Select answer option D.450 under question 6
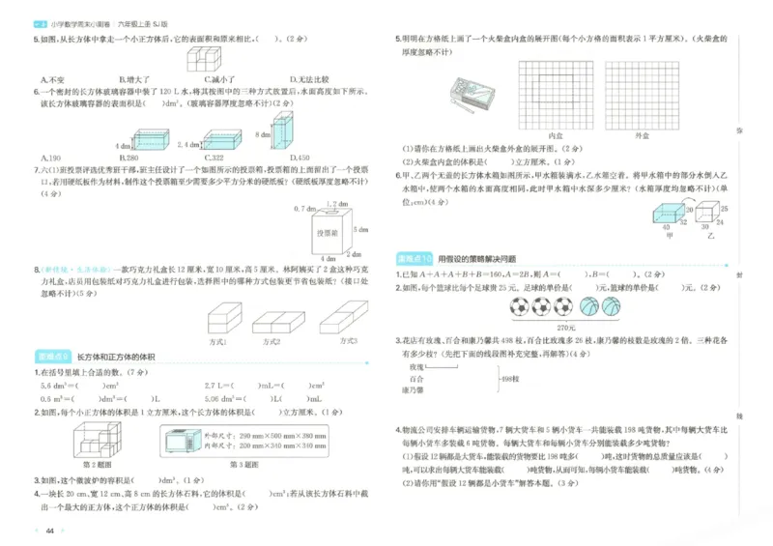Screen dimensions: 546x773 (300, 158)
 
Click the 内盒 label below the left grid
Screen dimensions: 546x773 (556, 137)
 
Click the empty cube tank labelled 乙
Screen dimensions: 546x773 (710, 214)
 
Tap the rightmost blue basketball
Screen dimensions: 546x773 (612, 307)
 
